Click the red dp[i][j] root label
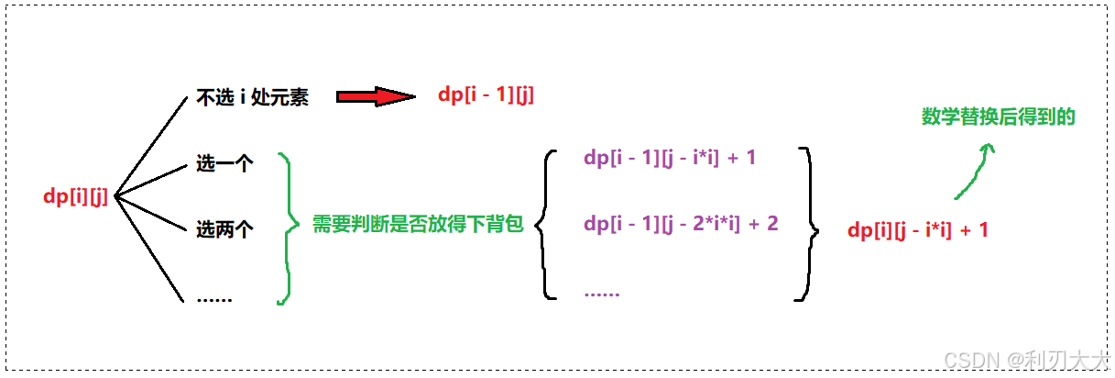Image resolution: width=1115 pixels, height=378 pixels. pos(76,196)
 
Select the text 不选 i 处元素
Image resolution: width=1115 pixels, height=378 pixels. pos(252,98)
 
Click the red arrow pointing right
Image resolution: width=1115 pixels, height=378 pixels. pos(376,97)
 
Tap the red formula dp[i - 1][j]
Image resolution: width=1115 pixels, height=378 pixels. pos(486,95)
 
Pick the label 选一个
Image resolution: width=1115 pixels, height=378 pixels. pos(224,164)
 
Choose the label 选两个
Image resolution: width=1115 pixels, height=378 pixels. pos(224,230)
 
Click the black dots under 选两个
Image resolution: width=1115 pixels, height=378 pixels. pos(214,299)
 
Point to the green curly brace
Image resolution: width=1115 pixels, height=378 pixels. pos(287,228)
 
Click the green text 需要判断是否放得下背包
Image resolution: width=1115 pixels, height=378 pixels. pos(418,225)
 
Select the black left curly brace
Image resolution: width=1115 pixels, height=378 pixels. pos(544,225)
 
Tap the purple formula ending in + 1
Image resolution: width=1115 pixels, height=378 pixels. pos(669,158)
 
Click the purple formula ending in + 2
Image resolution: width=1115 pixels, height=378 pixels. pos(681,223)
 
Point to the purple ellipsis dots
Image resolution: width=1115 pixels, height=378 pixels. pos(601,294)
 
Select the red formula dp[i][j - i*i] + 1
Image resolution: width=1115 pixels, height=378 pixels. pos(918,230)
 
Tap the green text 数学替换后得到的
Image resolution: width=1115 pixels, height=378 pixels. pos(998,117)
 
